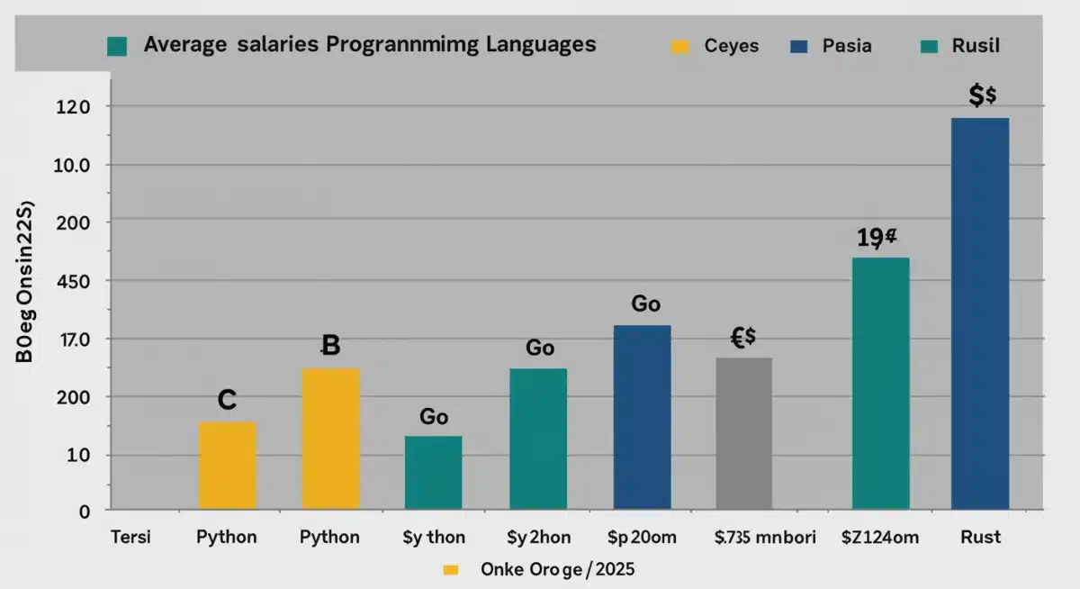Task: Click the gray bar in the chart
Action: point(743,433)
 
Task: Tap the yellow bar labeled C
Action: point(227,466)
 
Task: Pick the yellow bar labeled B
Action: point(330,439)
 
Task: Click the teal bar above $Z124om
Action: point(880,384)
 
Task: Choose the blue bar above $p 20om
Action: point(642,418)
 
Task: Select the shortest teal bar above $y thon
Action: point(433,473)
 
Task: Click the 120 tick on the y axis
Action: point(73,106)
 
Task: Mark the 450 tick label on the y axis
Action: point(73,280)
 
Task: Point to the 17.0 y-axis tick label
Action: point(73,339)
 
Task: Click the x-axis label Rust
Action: point(980,537)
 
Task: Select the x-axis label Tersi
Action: point(130,537)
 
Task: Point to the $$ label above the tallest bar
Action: point(981,95)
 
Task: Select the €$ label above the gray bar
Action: point(742,338)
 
